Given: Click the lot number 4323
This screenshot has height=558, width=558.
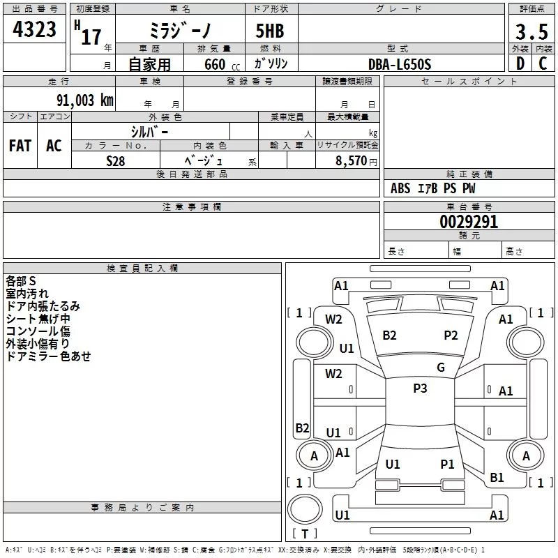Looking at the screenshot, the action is (34, 29).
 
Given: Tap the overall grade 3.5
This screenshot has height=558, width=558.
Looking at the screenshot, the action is (531, 31).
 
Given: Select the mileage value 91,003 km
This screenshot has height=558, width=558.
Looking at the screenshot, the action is (85, 100).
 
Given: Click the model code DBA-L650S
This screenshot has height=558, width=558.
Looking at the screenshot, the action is (400, 64).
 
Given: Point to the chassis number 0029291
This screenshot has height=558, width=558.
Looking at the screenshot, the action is (469, 222).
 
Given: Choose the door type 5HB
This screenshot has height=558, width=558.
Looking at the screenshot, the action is (270, 31).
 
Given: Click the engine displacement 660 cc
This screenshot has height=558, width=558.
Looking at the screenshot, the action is (222, 65).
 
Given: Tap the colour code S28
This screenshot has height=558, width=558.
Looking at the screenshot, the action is (116, 161).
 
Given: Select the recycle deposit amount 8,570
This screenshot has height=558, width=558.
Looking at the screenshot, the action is (351, 160).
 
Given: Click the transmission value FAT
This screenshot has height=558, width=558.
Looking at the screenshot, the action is (20, 146).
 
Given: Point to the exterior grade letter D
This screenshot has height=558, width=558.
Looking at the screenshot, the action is (520, 63).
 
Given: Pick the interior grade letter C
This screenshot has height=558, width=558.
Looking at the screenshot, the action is (543, 63).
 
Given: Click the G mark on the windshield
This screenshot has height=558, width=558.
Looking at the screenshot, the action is (441, 368).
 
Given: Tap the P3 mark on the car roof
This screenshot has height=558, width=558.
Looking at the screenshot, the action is (420, 389).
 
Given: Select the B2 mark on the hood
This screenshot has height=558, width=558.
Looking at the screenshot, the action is (389, 335).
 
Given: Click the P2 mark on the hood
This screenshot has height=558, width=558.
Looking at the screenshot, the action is (451, 335).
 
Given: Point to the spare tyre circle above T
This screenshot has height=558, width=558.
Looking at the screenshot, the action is (305, 509).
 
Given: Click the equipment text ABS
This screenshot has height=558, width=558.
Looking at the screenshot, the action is (400, 188).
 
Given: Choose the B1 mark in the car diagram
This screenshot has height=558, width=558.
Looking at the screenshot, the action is (497, 478).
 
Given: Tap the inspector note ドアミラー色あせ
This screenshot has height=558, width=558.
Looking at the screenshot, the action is (48, 356).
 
